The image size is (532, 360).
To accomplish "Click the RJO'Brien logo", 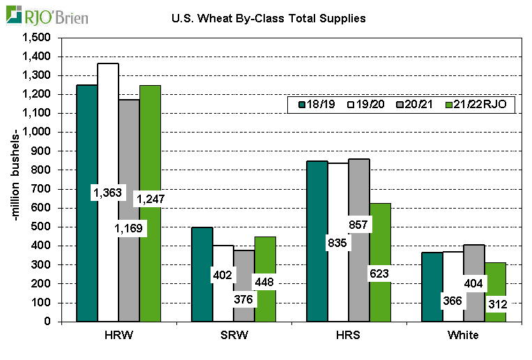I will (45, 15).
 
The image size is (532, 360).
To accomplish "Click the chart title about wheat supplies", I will (268, 18).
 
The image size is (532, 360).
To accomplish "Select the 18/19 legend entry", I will (317, 104).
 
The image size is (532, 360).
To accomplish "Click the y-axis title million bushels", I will (16, 179).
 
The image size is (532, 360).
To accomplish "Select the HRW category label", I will (119, 336).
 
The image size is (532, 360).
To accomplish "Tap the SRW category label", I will (225, 336).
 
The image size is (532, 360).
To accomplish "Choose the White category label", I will (464, 336).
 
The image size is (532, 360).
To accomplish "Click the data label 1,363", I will (107, 193).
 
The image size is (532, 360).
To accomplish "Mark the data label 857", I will (358, 224).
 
